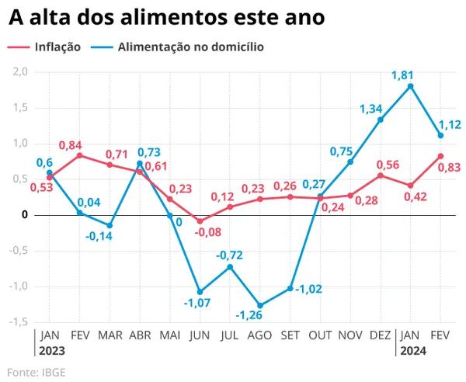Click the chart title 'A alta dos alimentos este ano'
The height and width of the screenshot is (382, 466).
[x=166, y=16]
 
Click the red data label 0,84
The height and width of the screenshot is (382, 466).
[x=69, y=144]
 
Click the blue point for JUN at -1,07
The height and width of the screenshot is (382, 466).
[x=200, y=292]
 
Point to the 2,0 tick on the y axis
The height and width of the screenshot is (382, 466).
[x=19, y=71]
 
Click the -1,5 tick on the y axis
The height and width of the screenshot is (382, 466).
[x=18, y=321]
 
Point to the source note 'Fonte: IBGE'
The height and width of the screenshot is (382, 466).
[x=37, y=372]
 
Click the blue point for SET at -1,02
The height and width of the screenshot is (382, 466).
[x=290, y=288]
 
